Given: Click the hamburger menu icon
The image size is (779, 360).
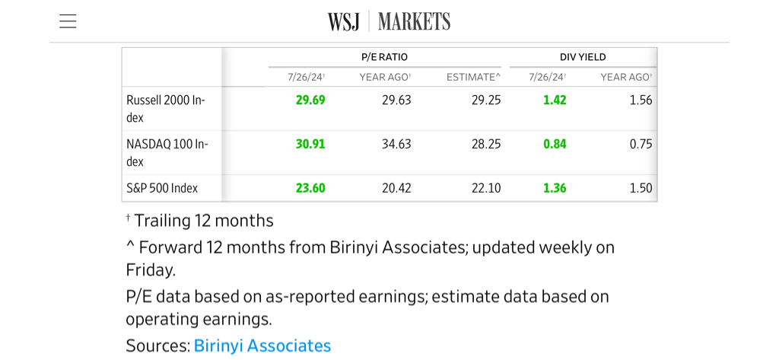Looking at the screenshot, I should [x=68, y=21].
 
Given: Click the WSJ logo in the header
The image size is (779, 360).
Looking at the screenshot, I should [x=343, y=21].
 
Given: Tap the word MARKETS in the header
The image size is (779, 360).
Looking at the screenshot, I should [x=414, y=21].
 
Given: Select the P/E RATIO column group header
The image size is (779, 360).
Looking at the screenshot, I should [x=384, y=57].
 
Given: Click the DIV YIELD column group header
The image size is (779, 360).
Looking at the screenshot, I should [x=583, y=57].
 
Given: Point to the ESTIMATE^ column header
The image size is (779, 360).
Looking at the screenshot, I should [x=473, y=77].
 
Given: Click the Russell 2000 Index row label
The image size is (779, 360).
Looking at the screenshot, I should [x=166, y=108].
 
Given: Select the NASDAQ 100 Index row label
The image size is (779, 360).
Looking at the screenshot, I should [x=167, y=152].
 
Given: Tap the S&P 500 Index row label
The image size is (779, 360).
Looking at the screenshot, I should [x=162, y=188].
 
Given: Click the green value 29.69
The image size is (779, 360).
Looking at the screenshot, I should [x=310, y=100].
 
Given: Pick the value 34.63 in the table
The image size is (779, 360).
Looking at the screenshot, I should [x=396, y=144].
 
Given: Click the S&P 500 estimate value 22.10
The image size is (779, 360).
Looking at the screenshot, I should [x=486, y=188].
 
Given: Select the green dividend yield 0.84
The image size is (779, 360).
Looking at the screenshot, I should [x=555, y=144].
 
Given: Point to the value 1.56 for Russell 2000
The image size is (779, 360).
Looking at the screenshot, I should [x=641, y=100].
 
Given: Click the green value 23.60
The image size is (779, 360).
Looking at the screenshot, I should [x=310, y=188].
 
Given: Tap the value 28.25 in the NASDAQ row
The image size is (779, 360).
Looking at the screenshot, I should [x=486, y=144].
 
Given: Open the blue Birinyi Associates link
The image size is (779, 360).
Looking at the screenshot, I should [x=262, y=346].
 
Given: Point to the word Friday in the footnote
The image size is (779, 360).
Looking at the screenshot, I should [x=151, y=269].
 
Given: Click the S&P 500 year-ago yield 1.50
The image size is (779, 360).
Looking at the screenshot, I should [x=641, y=188].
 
